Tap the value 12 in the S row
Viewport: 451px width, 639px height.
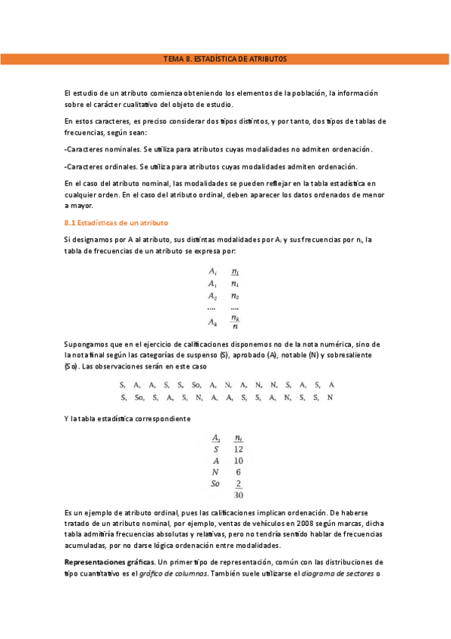(238, 448)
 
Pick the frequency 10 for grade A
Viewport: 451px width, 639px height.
(238, 460)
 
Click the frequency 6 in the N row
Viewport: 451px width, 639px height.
(239, 472)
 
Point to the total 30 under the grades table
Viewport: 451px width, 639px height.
(238, 495)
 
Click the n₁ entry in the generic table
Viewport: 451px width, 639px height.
(235, 283)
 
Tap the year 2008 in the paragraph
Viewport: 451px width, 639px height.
(282, 524)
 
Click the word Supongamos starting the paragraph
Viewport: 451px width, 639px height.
(88, 344)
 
